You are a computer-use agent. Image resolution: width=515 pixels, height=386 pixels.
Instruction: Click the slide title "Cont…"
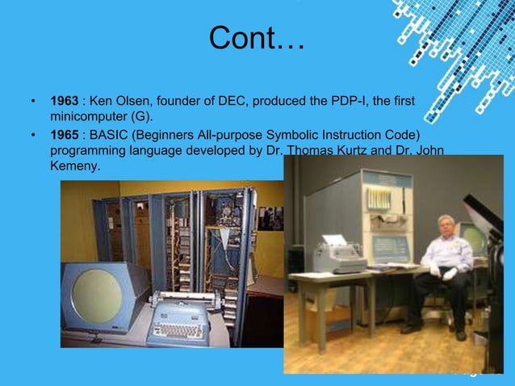point(257,38)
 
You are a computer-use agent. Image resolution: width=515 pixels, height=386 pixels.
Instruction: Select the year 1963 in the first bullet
point(65,102)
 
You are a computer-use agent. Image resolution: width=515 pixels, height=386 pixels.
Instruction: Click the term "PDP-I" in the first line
point(348,102)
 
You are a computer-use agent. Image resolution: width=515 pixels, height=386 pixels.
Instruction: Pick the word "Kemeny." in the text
point(75,166)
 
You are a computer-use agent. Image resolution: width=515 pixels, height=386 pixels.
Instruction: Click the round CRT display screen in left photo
point(97,292)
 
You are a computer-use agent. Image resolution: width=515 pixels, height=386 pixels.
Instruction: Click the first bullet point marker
point(33,103)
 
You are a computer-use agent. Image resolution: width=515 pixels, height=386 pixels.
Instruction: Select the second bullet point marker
point(33,134)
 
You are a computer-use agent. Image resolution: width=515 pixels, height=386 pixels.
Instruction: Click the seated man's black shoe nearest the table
point(412,328)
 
